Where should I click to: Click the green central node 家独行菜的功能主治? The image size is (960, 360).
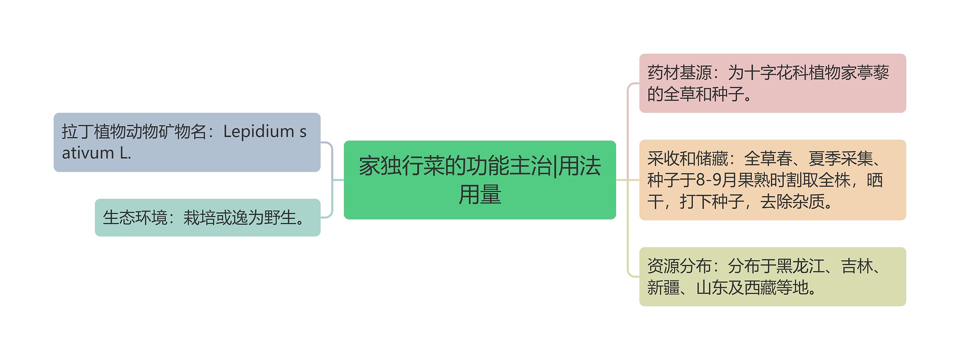pos(480,180)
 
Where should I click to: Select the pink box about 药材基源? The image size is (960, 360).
pos(772,83)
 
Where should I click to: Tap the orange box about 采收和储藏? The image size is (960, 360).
pos(772,180)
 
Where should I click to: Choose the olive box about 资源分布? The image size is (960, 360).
pos(772,276)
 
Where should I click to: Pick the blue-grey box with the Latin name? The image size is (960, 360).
pos(187,142)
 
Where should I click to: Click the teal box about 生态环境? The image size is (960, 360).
pos(207,217)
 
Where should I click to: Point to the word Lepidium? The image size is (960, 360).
pos(259,132)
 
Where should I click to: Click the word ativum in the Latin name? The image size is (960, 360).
pos(88,153)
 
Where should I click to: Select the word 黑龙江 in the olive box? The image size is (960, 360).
pos(800,266)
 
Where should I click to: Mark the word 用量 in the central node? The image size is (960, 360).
pos(480,194)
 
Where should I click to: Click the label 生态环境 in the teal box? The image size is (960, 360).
pos(135,218)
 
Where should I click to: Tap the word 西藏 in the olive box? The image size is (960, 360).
pos(760,288)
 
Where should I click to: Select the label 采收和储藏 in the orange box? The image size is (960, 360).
pos(688,159)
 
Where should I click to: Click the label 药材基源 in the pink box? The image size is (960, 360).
pos(679,73)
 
